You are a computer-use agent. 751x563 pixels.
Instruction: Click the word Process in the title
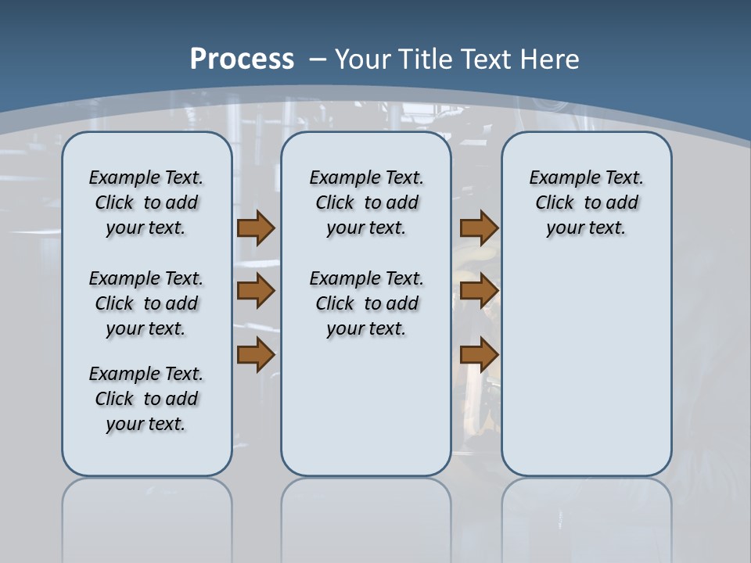point(242,59)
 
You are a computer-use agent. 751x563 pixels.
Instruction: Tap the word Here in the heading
point(551,59)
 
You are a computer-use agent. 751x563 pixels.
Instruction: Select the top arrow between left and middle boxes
point(255,228)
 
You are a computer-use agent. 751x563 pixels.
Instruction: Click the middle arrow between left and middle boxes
point(255,292)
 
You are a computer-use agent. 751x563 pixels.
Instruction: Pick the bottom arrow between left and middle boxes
point(255,355)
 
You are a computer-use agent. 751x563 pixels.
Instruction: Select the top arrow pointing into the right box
point(479,228)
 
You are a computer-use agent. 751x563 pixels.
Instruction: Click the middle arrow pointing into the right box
point(479,292)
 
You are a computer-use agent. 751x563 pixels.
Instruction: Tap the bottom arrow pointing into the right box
point(479,355)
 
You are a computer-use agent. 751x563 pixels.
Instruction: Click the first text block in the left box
point(146,203)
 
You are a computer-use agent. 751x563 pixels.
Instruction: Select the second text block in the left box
point(146,303)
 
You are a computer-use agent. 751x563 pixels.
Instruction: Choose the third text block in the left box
point(146,399)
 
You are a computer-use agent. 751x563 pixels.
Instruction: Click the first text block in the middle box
point(366,203)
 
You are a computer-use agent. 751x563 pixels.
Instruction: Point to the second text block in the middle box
point(366,303)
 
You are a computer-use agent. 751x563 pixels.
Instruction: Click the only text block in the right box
point(586,203)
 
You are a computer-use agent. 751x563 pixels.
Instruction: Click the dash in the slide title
point(318,59)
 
